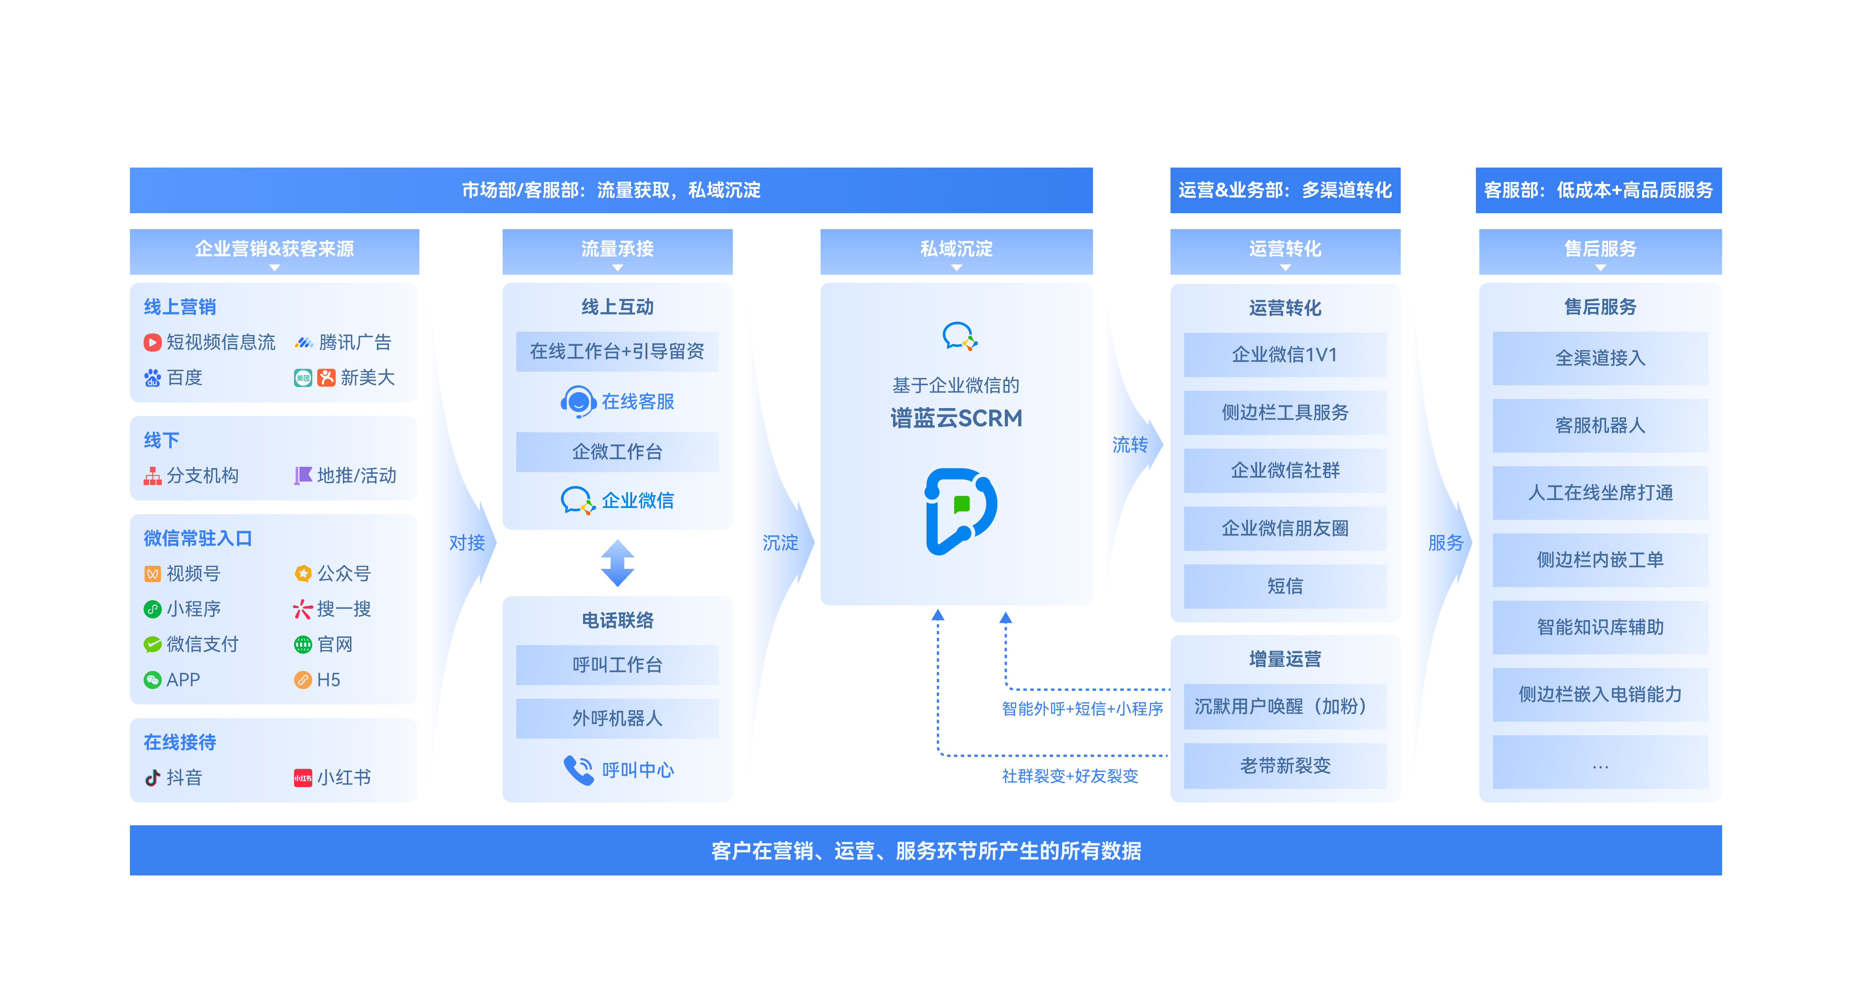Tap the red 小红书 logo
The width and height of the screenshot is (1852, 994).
(x=303, y=777)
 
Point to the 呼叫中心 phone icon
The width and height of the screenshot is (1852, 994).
(x=578, y=769)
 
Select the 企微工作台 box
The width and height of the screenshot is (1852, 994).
(x=617, y=452)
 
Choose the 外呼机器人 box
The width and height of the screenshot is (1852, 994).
(x=617, y=718)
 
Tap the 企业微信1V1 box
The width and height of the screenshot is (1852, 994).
(x=1285, y=355)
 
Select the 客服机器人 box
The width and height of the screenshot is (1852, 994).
(x=1600, y=425)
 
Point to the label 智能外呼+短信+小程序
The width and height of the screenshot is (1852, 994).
(x=1082, y=709)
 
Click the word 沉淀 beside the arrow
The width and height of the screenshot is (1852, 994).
(x=780, y=542)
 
